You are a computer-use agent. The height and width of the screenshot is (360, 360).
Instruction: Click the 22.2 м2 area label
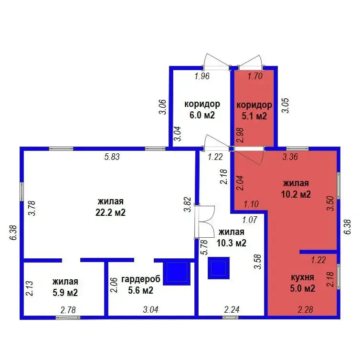(110, 212)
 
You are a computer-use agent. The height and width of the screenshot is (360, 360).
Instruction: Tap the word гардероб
(141, 279)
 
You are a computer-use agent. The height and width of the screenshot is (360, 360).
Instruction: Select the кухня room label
(302, 277)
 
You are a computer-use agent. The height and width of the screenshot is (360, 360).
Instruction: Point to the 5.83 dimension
(112, 157)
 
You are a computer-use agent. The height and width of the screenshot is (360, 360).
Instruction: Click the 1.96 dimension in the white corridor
(202, 76)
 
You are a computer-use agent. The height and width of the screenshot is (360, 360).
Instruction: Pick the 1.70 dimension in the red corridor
(255, 76)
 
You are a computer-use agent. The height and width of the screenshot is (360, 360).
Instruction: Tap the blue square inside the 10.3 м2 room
(219, 268)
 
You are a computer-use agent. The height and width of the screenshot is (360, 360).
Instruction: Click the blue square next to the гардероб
(177, 274)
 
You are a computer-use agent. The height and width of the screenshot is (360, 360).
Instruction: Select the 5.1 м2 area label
(254, 116)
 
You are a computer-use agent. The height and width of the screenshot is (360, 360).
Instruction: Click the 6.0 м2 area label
(202, 115)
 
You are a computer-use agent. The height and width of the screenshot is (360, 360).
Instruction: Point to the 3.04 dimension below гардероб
(150, 309)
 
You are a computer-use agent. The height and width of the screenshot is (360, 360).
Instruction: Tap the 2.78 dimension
(68, 310)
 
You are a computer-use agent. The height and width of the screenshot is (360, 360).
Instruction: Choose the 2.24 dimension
(232, 309)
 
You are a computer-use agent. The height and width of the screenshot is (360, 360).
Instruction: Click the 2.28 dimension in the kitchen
(306, 309)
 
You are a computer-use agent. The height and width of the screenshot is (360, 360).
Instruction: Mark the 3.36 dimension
(290, 157)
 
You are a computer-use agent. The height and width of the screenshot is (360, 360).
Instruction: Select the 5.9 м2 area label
(65, 293)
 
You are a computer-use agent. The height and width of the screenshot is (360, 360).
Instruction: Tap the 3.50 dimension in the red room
(330, 203)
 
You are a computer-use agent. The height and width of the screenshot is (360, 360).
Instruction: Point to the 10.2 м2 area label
(296, 194)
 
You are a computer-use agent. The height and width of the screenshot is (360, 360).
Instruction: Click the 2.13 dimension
(30, 288)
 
